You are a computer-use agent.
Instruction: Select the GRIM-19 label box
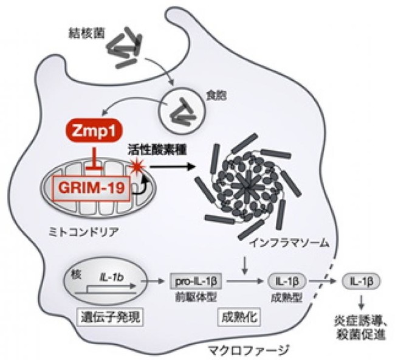click(91, 188)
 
